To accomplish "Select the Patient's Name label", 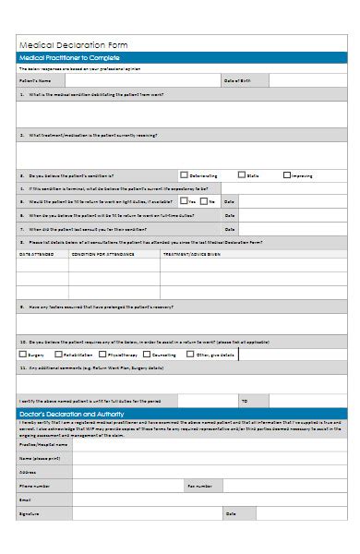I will point(33,81).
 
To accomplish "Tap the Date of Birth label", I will point(236,81).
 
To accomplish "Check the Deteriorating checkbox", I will point(183,175).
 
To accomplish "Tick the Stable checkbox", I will point(242,175).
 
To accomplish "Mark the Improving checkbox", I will point(287,175).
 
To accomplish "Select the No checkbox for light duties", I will point(204,200).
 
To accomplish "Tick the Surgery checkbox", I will point(23,354).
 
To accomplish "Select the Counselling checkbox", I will point(147,354).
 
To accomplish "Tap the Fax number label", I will point(200,485).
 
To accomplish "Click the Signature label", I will point(30,513).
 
